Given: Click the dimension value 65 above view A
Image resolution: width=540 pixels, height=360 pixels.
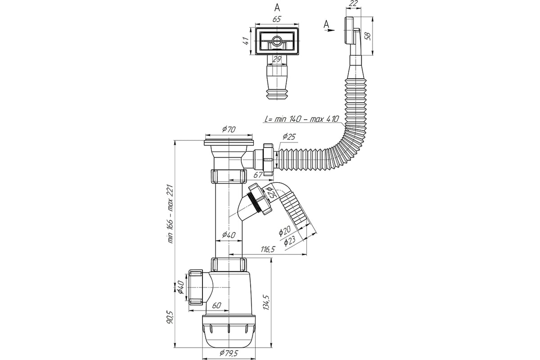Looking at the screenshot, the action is click(277, 19).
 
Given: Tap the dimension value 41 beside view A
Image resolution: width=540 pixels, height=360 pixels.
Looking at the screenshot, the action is click(246, 41).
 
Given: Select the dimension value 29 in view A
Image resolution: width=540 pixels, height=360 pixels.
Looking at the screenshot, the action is click(277, 59).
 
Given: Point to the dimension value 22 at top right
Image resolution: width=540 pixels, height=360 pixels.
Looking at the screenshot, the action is click(354, 3).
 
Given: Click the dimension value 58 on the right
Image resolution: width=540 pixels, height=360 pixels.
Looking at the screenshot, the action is click(368, 36).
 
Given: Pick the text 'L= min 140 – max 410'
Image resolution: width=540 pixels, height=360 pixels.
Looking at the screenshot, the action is click(302, 119).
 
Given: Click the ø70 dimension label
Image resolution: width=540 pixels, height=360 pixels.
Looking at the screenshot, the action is click(229, 130).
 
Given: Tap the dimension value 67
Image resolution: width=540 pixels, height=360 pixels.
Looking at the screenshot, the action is click(258, 175).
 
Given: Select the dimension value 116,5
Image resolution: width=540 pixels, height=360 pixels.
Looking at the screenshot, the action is click(268, 249).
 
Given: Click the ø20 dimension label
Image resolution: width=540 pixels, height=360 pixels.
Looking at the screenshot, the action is click(285, 230).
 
